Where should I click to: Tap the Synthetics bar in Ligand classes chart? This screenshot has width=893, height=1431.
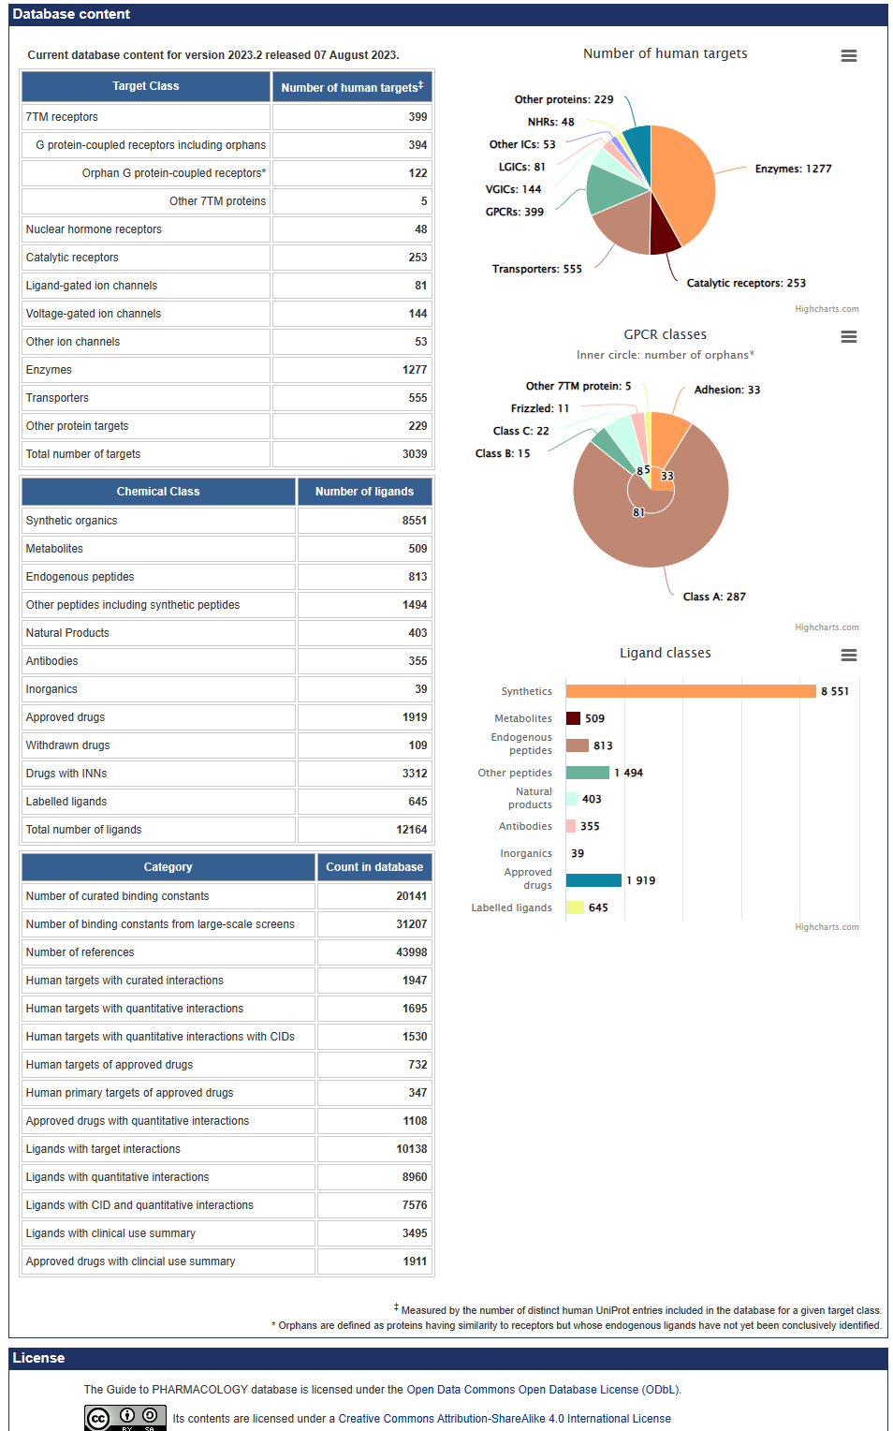(x=691, y=691)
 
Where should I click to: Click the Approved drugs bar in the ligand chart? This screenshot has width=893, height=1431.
(x=593, y=880)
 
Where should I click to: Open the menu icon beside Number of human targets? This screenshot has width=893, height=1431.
(x=849, y=56)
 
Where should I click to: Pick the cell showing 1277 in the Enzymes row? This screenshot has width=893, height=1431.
(x=352, y=370)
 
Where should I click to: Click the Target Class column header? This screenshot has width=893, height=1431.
(x=146, y=86)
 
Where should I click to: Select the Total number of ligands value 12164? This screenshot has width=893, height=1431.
(x=365, y=830)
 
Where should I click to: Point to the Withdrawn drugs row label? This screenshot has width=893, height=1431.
(x=68, y=745)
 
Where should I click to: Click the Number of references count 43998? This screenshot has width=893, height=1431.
(x=374, y=952)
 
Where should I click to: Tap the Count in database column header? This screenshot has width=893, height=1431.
(x=374, y=867)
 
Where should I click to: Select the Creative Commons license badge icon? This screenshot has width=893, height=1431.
(x=125, y=1418)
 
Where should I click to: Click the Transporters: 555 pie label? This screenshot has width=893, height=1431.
(x=537, y=269)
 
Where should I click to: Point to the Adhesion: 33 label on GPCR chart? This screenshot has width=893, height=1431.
(x=727, y=390)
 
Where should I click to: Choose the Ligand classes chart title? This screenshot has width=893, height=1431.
(x=666, y=653)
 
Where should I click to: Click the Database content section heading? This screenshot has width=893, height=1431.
(x=71, y=14)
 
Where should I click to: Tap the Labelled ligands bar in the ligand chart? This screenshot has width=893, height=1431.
(x=575, y=907)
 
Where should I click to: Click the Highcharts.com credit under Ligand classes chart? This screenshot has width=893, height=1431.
(x=827, y=927)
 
